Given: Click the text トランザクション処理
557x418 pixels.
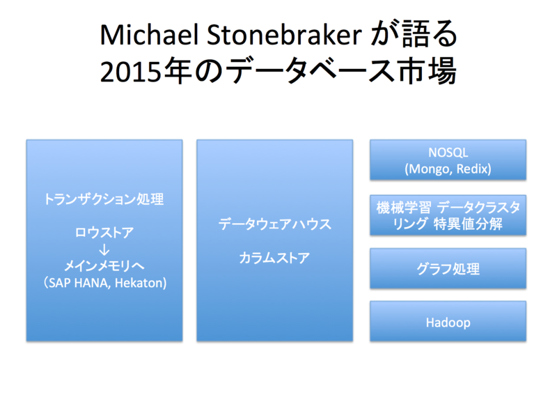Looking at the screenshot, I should (x=104, y=200).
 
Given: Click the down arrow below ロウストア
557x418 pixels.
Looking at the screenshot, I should (x=104, y=249).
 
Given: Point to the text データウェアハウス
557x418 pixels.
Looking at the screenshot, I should (x=274, y=225).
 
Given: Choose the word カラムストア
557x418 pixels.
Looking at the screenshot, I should (x=274, y=258).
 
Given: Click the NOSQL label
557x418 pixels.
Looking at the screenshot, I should (x=447, y=153).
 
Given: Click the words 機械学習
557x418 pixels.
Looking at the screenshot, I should (x=398, y=207).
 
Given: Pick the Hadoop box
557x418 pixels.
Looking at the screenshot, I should (x=447, y=322).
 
